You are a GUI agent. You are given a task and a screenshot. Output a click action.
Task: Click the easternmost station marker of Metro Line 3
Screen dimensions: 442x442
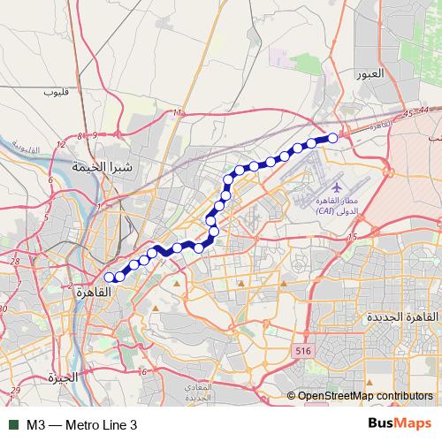pyautogui.click(x=333, y=137)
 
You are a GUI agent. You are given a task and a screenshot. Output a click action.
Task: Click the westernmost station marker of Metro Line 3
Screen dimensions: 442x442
pyautogui.click(x=110, y=278)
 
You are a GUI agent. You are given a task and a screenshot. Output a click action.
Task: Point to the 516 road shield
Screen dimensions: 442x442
pyautogui.click(x=303, y=351)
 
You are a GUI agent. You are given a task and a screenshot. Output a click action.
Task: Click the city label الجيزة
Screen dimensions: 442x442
pyautogui.click(x=64, y=377)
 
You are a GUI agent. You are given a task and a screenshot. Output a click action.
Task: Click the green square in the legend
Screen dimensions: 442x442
pyautogui.click(x=13, y=425)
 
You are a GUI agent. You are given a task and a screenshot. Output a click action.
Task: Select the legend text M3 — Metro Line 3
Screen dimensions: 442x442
pyautogui.click(x=82, y=425)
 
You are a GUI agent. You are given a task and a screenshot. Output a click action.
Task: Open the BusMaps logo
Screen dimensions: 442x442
pyautogui.click(x=400, y=424)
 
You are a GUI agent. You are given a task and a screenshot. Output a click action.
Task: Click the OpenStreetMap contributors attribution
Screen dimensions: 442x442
pyautogui.click(x=365, y=396)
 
